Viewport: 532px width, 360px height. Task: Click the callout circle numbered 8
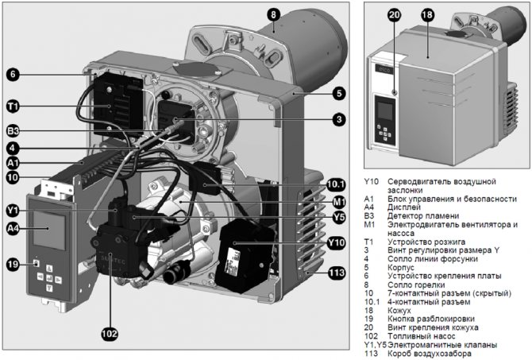273,14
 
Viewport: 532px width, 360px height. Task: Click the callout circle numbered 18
426,14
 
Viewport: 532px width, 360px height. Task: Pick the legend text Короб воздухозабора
434,354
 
